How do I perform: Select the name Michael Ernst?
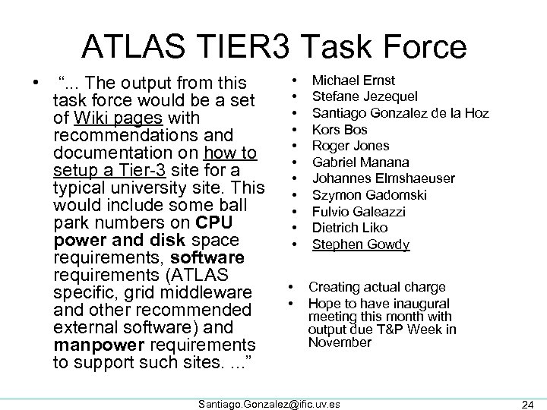[354, 80]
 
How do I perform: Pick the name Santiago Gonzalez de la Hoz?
[400, 113]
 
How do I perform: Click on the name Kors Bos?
[340, 130]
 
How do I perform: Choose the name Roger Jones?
[351, 146]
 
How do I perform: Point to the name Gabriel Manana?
[361, 162]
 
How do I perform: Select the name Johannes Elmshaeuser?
[384, 178]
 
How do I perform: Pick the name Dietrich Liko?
[350, 228]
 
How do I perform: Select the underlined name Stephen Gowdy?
[361, 244]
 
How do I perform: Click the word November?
[340, 342]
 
